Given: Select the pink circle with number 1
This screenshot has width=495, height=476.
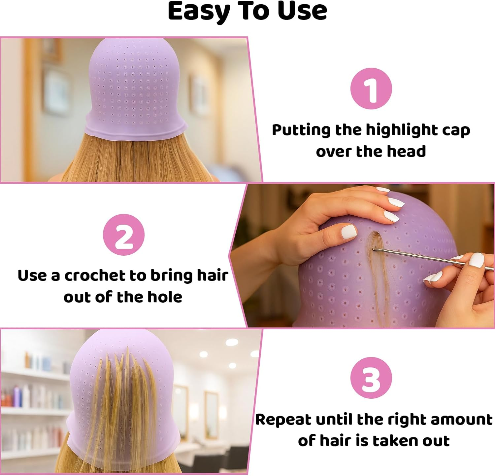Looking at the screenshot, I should click(x=371, y=89).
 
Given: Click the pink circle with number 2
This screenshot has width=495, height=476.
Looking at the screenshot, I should click(x=124, y=235).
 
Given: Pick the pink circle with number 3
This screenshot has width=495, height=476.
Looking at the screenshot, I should click(x=371, y=378).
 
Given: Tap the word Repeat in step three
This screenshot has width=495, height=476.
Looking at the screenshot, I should click(x=283, y=420).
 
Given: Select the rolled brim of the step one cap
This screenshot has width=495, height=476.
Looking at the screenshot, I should click(x=135, y=130).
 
